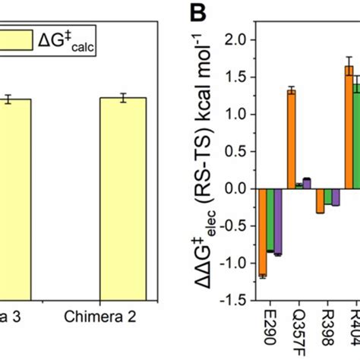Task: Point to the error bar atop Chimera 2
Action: tap(122, 96)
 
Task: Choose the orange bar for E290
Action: tap(263, 233)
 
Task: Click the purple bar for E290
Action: tap(278, 222)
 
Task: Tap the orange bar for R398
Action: tap(320, 201)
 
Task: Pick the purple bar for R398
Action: tap(336, 198)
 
